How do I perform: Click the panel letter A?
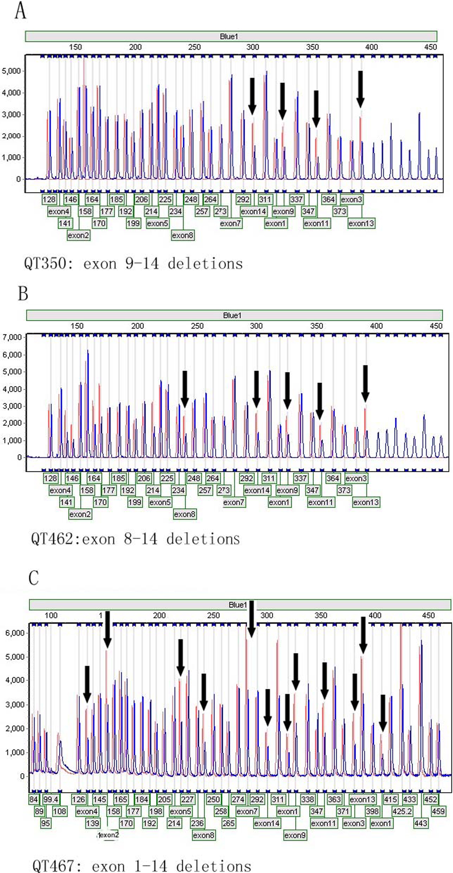tap(20, 11)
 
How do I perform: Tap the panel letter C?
tap(33, 577)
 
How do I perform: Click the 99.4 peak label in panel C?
tap(51, 799)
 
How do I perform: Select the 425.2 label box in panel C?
tap(402, 811)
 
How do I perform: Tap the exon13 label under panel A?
tap(361, 223)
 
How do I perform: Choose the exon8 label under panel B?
tap(185, 514)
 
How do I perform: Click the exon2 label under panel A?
tap(78, 235)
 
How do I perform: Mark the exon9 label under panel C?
tap(294, 835)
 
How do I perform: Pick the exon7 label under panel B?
tap(234, 502)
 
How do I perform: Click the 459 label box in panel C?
tap(438, 811)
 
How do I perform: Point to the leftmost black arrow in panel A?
tap(252, 96)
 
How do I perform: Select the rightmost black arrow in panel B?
tap(365, 383)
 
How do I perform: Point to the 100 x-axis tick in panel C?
tap(51, 615)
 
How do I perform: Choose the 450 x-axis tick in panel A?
tap(430, 47)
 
